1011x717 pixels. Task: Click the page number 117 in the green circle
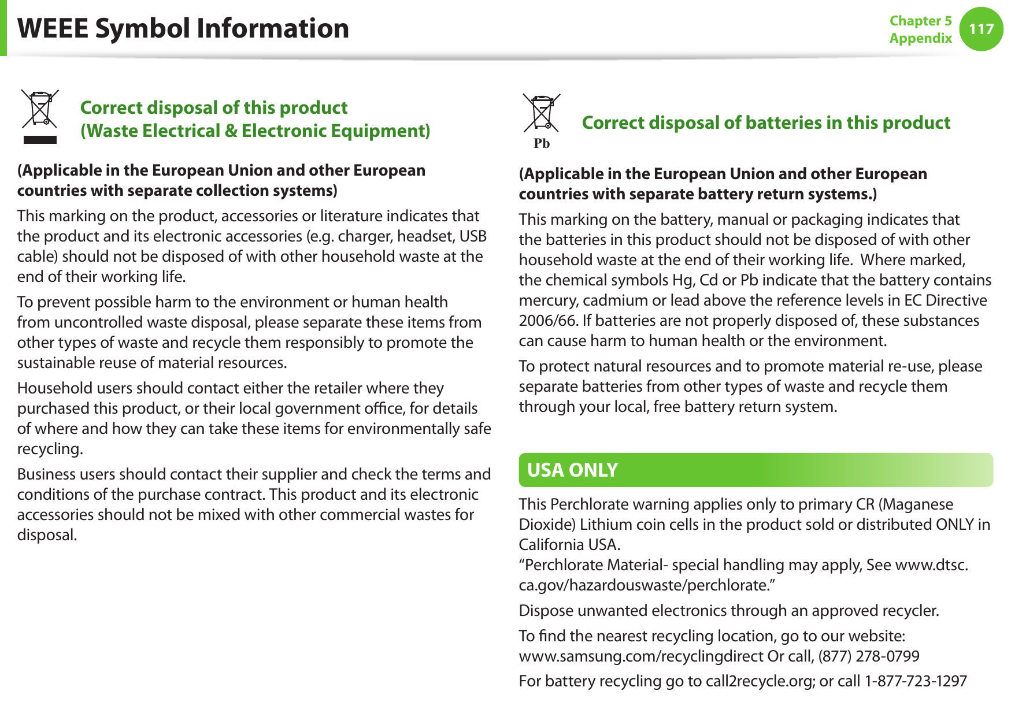pyautogui.click(x=981, y=29)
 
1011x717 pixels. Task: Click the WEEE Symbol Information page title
pyautogui.click(x=183, y=28)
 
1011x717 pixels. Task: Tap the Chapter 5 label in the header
pyautogui.click(x=920, y=21)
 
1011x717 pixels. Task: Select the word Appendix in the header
pyautogui.click(x=920, y=38)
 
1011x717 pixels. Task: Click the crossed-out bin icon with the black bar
pyautogui.click(x=40, y=109)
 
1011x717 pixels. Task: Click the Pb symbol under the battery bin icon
pyautogui.click(x=542, y=143)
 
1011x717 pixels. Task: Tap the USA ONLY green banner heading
pyautogui.click(x=572, y=470)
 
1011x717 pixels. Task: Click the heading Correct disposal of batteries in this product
pyautogui.click(x=766, y=122)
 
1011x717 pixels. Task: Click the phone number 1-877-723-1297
pyautogui.click(x=916, y=681)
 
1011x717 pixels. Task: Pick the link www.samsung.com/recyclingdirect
pyautogui.click(x=641, y=656)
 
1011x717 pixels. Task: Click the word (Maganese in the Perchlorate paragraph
pyautogui.click(x=916, y=504)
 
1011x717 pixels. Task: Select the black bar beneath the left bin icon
pyautogui.click(x=40, y=139)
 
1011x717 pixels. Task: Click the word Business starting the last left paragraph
pyautogui.click(x=46, y=474)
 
